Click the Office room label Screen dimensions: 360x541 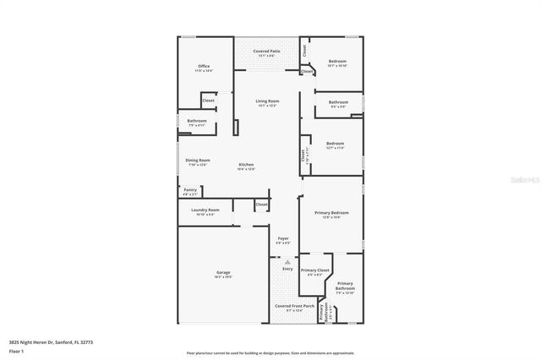204,67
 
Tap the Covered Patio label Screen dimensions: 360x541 268,52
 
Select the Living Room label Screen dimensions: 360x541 267,101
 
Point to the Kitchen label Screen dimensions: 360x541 246,165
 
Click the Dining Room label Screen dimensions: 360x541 198,160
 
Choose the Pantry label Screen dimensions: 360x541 190,190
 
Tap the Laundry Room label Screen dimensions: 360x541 205,210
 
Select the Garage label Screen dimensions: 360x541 223,273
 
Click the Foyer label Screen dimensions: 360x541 283,239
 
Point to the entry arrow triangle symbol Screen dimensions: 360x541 287,262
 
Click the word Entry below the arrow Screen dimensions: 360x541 287,269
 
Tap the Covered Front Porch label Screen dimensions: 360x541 295,306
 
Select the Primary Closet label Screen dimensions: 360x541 314,270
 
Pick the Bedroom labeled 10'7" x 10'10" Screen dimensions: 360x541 336,62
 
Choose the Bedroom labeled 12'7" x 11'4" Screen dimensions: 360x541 335,143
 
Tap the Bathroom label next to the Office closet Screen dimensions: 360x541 197,121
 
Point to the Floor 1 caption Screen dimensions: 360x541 15,352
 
